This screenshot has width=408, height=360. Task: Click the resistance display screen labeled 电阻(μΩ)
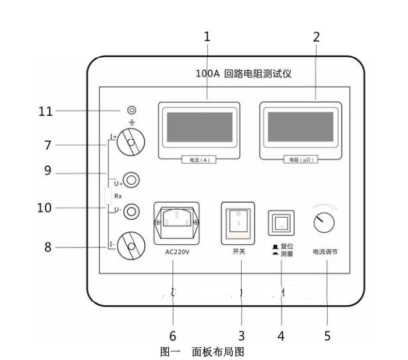coord(300,128)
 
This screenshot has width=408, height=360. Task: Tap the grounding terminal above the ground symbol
coord(131,110)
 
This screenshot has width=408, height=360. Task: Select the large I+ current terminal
coord(131,142)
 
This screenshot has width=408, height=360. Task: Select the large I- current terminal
coord(131,247)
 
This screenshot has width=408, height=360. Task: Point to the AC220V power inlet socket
coord(176,222)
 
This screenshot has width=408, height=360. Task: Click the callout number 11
coord(45,111)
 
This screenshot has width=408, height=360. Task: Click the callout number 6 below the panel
coord(173,336)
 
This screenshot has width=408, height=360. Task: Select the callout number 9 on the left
coord(48,171)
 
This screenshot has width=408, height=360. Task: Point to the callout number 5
coord(327,336)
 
